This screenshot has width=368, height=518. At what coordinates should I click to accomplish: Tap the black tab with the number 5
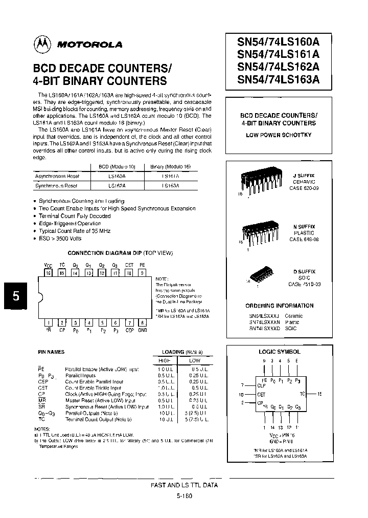(x=15, y=295)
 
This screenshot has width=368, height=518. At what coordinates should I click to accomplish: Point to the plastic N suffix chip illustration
(x=261, y=232)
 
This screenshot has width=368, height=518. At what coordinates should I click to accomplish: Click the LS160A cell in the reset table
(x=117, y=175)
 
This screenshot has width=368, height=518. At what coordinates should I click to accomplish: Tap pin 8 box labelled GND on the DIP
(x=142, y=322)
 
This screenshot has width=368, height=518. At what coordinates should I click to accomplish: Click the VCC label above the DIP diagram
(x=49, y=265)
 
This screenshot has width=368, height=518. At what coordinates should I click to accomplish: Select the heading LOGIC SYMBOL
(x=280, y=352)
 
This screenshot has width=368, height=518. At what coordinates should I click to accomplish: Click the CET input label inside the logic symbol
(x=262, y=395)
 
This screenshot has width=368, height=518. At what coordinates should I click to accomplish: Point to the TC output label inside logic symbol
(x=303, y=394)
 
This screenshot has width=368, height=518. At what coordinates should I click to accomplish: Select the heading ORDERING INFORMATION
(x=280, y=306)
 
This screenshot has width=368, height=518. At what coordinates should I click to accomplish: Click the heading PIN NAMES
(x=52, y=352)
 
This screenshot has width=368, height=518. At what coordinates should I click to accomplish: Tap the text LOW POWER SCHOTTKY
(x=279, y=135)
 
